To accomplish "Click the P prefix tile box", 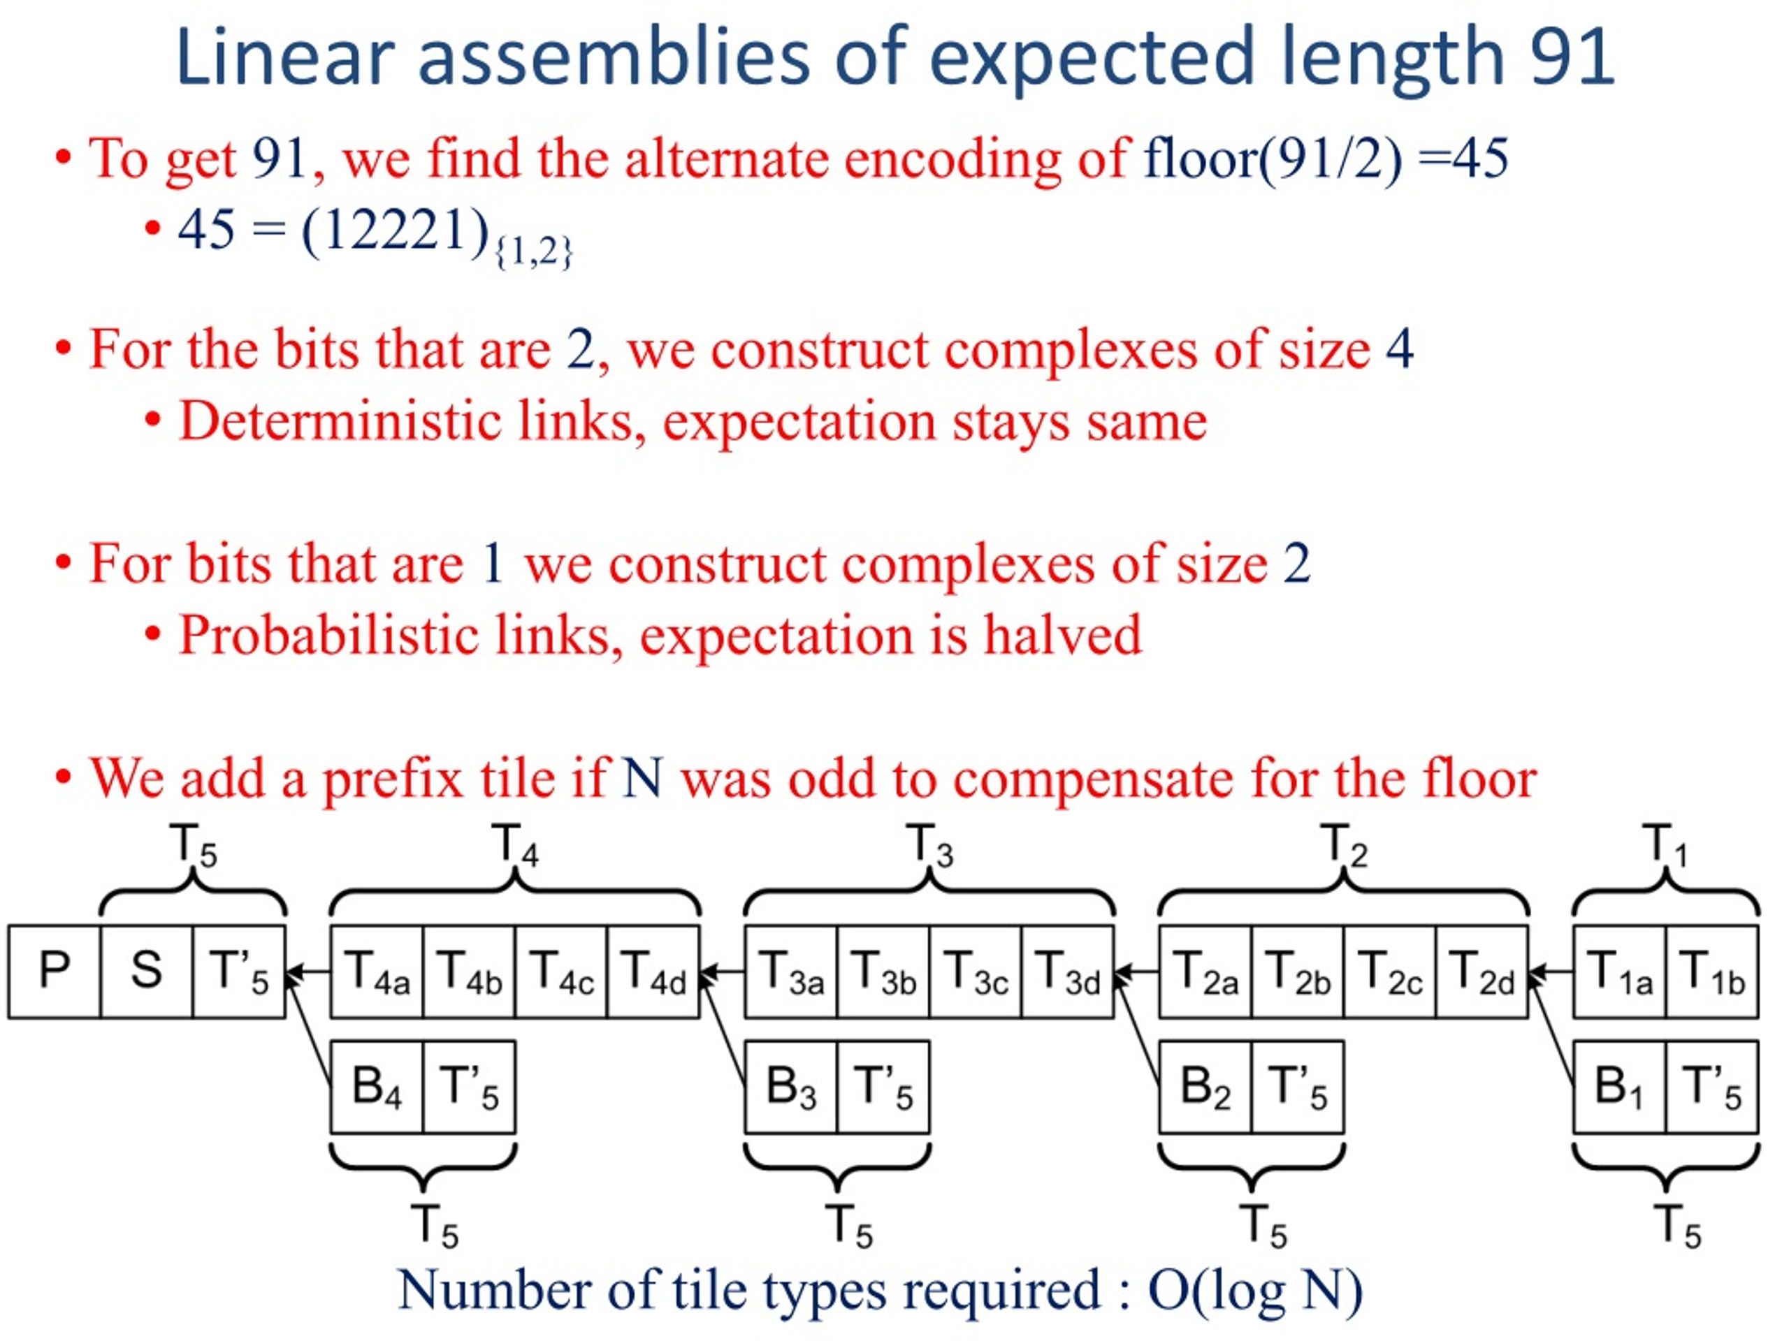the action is (55, 971).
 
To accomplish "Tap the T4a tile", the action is (377, 971).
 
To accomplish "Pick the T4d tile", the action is (653, 971).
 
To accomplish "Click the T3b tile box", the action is (884, 971).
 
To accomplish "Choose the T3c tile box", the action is (976, 971).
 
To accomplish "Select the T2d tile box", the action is (1482, 971).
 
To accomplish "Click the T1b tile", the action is (1712, 971).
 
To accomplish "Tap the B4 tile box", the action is (377, 1086).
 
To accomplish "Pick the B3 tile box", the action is (792, 1086).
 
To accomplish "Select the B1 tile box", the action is (1620, 1086).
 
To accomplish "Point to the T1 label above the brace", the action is (1667, 847).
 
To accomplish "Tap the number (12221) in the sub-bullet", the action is (396, 230).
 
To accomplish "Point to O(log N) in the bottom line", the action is (1255, 1291).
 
